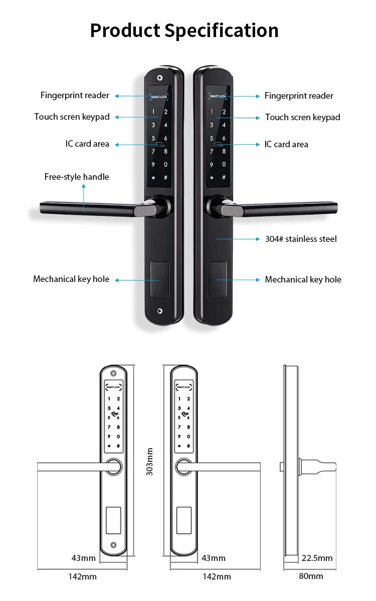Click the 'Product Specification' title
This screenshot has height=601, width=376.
click(x=184, y=31)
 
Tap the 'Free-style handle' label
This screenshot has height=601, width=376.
click(x=76, y=177)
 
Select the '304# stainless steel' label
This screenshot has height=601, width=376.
click(x=301, y=239)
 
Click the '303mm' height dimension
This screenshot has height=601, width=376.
click(x=149, y=461)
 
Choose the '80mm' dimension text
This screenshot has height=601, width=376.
click(x=311, y=576)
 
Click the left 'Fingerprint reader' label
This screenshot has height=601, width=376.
click(x=75, y=96)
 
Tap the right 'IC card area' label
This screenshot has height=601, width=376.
click(x=286, y=144)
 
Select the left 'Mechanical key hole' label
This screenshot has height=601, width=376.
click(x=71, y=279)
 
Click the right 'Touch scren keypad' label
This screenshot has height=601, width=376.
click(x=302, y=117)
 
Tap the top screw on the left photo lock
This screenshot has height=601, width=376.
click(x=159, y=78)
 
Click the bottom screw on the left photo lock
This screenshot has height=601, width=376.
click(x=159, y=311)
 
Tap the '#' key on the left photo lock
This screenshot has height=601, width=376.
click(x=166, y=178)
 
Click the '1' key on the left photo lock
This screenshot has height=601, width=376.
click(x=153, y=112)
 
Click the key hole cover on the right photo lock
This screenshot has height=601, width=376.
click(x=218, y=279)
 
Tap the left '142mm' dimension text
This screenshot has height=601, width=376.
click(x=82, y=576)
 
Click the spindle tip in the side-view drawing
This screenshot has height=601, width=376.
click(x=282, y=467)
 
